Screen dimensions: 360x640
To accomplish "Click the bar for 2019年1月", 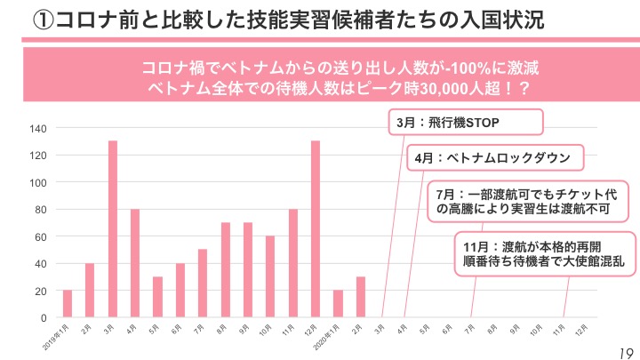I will (68, 303).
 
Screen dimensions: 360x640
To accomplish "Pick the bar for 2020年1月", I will (338, 303).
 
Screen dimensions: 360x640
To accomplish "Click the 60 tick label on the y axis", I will (40, 236).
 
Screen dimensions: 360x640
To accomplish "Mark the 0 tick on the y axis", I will (44, 317).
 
